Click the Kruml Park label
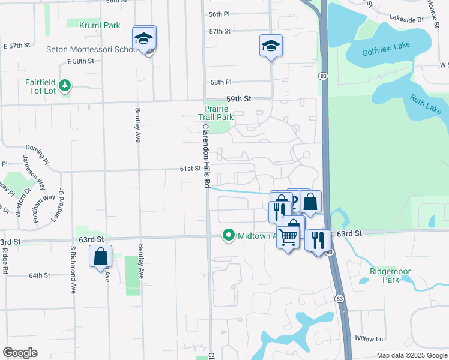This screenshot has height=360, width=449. coord(100,25)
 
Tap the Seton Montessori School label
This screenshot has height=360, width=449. coord(93,49)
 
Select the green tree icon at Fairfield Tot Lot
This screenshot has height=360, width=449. coord(65,86)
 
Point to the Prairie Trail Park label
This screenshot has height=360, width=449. coord(216,113)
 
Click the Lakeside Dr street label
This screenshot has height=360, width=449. coord(406,19)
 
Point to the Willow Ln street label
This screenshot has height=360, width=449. coord(369,339)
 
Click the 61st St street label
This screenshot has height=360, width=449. coord(189,169)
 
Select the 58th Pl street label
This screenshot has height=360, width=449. coord(220,82)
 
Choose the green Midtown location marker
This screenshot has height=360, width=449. coord(228,235)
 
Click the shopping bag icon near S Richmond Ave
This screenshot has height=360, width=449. coord(101,256)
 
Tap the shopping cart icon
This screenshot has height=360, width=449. coord(289,237)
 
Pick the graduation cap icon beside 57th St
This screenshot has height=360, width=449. coord(271,45)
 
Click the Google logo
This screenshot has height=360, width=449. coord(20,353)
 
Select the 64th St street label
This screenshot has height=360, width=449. coord(40,275)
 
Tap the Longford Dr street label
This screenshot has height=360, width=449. coord(58,205)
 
